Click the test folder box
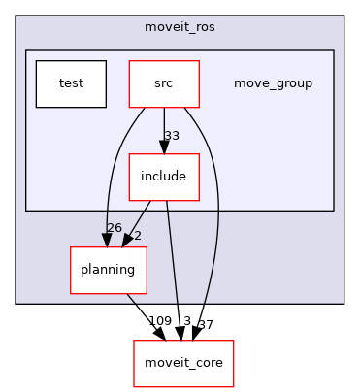coord(71,83)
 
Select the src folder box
coord(164,83)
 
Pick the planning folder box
coord(108,270)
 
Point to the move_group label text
coord(273,83)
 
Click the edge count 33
coord(172,136)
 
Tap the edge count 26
coord(114,228)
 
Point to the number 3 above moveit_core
coord(187,321)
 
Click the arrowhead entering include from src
coord(164,147)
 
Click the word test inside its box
coord(71,83)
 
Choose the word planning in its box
coord(108,270)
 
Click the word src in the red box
coord(164,83)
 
